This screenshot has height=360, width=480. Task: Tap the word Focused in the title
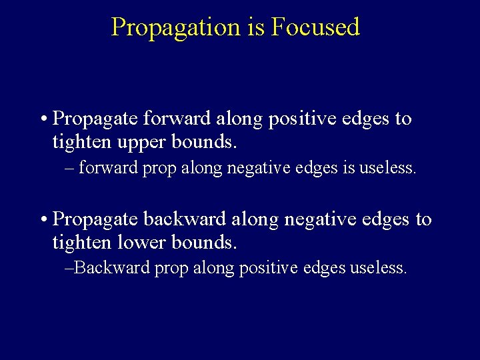click(315, 27)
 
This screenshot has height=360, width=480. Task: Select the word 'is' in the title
click(257, 27)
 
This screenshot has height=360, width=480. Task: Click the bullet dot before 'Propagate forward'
click(42, 119)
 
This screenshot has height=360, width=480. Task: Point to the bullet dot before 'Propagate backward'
click(42, 219)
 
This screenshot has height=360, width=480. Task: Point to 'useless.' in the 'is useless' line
click(388, 168)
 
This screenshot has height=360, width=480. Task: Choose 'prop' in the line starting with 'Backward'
click(171, 269)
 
